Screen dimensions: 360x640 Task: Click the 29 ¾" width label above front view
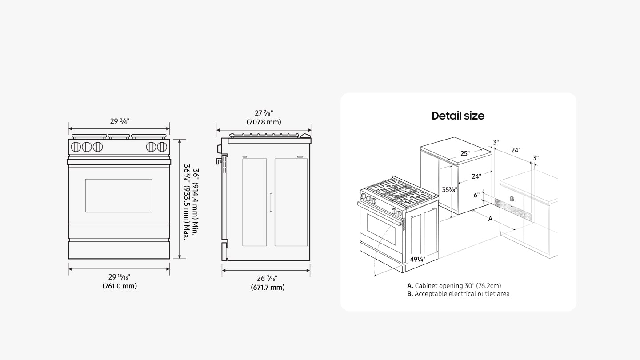[119, 121]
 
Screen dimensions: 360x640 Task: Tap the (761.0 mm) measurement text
[120, 286]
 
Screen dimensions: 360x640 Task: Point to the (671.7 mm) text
[267, 288]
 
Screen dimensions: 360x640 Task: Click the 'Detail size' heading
[458, 116]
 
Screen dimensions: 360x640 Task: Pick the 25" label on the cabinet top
[465, 154]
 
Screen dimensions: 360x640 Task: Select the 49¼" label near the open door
[418, 259]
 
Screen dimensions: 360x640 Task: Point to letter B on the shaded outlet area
[512, 200]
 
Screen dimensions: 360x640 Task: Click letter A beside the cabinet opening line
[491, 219]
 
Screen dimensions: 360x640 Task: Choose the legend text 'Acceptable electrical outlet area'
[462, 294]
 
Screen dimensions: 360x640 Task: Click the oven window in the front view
[119, 196]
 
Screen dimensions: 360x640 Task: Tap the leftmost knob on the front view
[76, 146]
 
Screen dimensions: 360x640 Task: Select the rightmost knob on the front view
[162, 146]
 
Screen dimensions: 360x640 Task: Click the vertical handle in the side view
[270, 202]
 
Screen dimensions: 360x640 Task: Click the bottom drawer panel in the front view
[119, 250]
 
